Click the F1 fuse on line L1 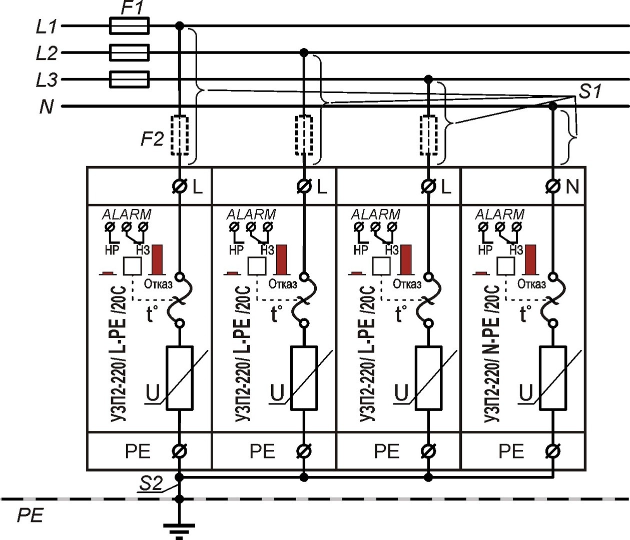coord(129,25)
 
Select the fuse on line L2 coord(129,52)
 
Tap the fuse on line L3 coord(129,79)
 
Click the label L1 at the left coord(47,26)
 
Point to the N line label coord(46,106)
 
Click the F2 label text coord(152,138)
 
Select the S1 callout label coord(590,91)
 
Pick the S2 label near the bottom coord(151,483)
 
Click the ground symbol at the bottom coord(179,528)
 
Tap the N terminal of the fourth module coord(553,186)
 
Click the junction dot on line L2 coord(303,52)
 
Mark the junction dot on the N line coord(553,106)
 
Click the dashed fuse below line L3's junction coord(428,135)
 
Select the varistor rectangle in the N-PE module coord(553,378)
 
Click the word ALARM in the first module coord(127,214)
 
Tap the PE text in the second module coord(262,451)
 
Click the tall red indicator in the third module coord(406,259)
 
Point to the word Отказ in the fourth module coord(531,284)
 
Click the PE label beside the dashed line coord(31,515)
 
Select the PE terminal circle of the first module coord(179,451)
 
